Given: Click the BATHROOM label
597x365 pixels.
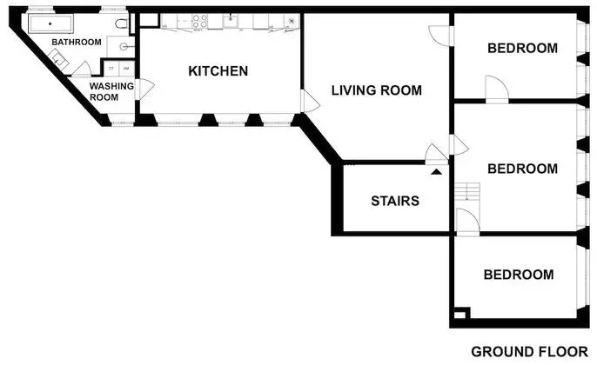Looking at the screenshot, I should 77,42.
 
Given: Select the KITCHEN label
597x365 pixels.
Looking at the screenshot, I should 218,71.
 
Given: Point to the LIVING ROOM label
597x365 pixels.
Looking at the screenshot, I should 376,90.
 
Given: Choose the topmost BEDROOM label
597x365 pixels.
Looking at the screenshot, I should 521,49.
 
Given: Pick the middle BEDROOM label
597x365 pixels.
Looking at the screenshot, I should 521,169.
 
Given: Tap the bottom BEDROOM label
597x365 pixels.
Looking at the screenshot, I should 519,275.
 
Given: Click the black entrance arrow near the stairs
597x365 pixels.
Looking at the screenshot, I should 436,169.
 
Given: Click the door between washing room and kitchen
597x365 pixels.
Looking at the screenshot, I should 146,87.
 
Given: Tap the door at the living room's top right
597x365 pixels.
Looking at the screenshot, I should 439,33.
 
